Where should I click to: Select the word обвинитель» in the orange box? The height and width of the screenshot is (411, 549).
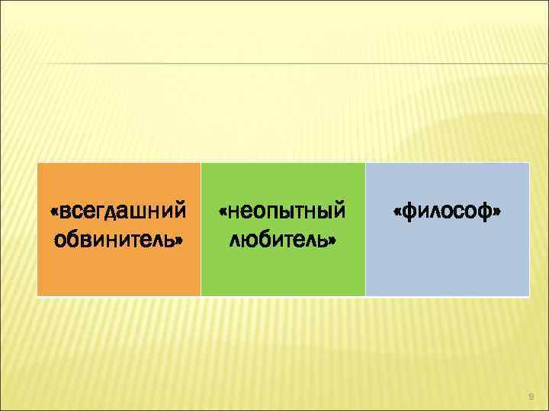tap(118, 241)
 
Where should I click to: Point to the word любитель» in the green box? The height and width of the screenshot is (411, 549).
tap(283, 241)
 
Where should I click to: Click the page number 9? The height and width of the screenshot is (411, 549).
tap(531, 397)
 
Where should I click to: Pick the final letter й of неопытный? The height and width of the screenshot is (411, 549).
tap(338, 209)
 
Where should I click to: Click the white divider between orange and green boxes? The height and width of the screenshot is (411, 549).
tap(201, 228)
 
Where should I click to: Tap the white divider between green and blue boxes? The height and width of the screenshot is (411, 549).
tap(365, 228)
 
